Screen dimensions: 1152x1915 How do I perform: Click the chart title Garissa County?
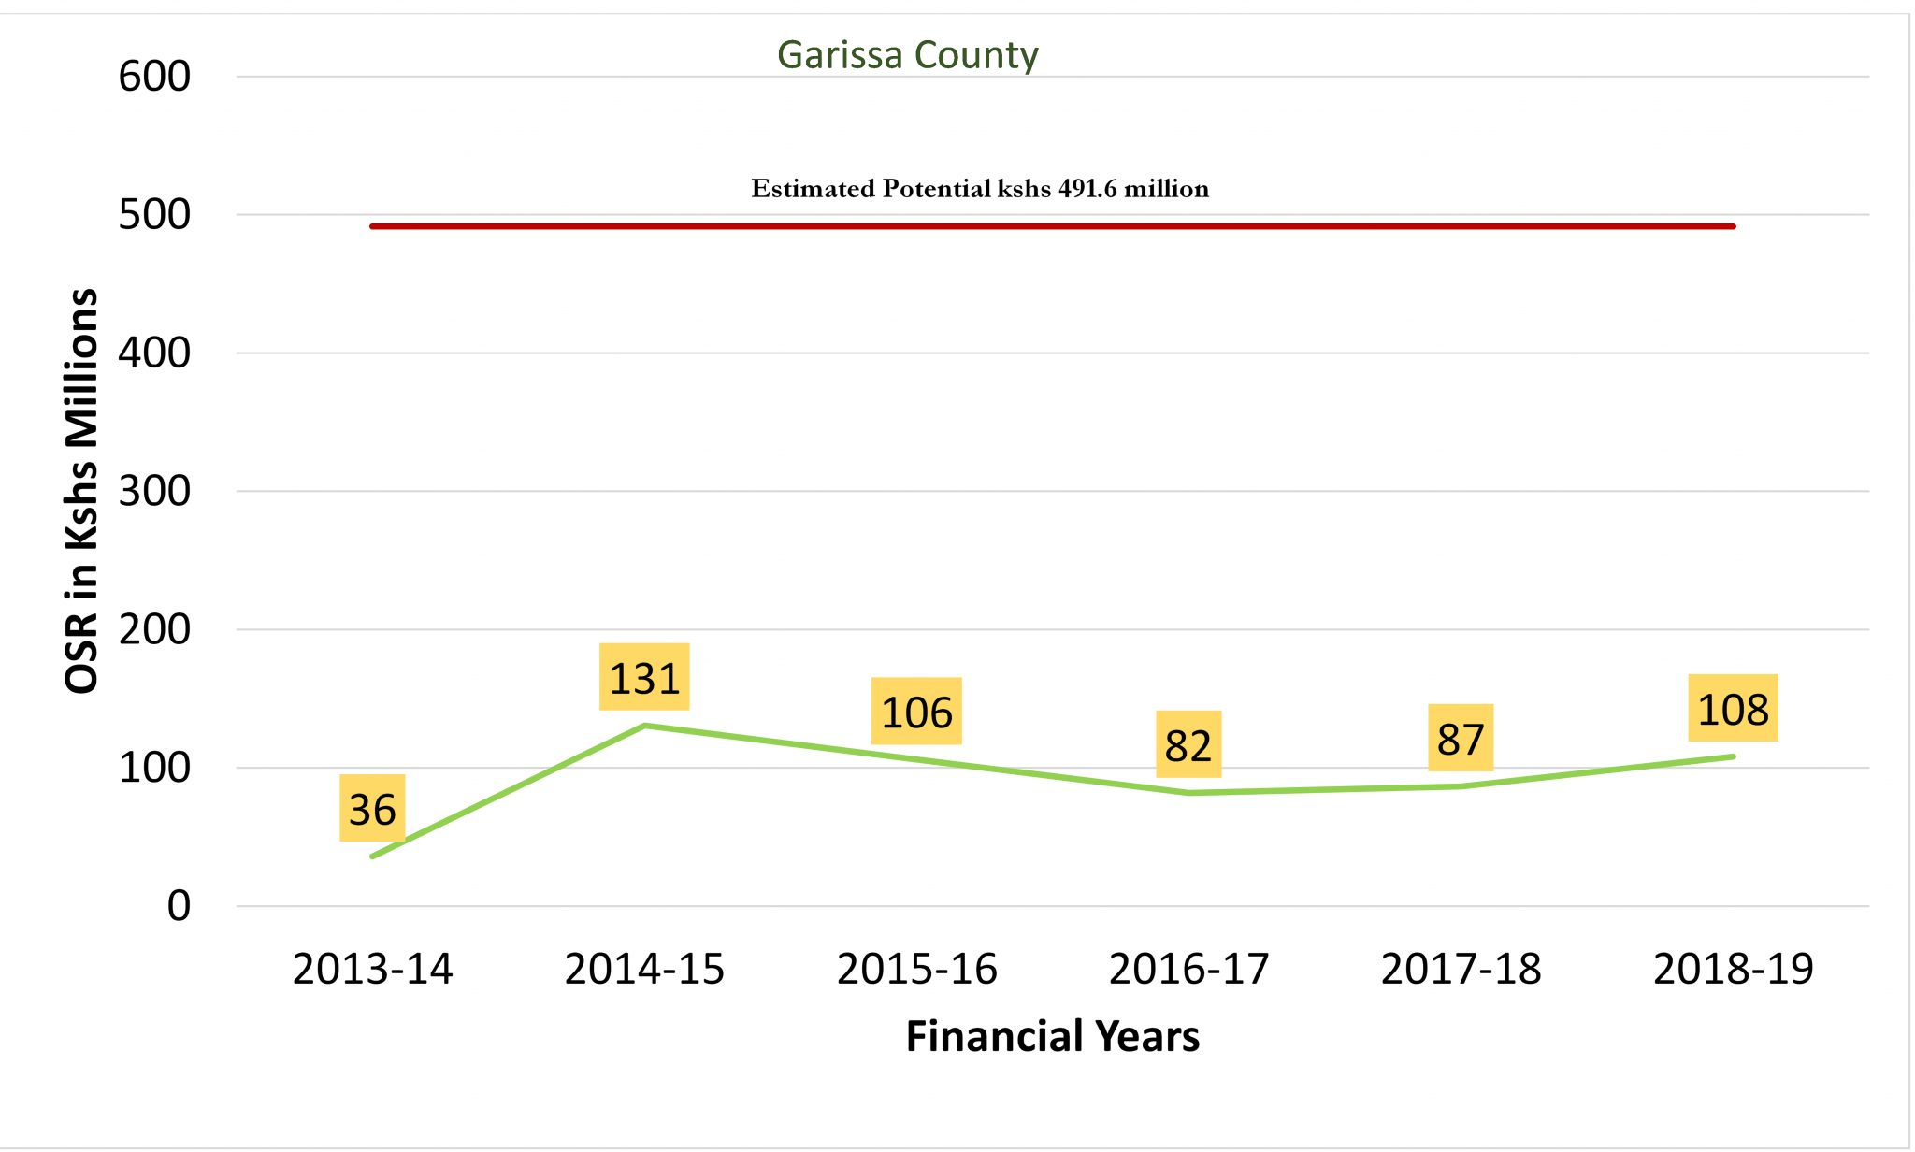click(907, 55)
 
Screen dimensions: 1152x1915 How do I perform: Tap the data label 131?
click(644, 678)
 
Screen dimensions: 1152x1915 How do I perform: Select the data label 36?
click(372, 809)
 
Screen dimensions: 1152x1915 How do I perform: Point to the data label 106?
click(916, 712)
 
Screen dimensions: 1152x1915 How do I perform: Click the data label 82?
click(1188, 745)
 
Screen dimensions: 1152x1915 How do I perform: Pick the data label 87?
click(1461, 739)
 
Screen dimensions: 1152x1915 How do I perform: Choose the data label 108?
click(1733, 709)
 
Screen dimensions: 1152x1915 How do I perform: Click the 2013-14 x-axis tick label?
click(372, 969)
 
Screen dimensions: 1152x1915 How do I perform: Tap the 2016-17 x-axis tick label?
click(1188, 969)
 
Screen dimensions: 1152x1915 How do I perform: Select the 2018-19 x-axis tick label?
click(1733, 969)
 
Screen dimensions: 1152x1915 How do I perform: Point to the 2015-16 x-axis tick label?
click(916, 969)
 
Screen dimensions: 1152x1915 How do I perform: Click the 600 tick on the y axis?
click(154, 77)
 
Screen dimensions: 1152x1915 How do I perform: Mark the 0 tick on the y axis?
click(179, 905)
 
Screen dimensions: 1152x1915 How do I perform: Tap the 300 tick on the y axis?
click(154, 491)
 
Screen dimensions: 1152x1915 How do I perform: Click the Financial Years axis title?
click(1052, 1036)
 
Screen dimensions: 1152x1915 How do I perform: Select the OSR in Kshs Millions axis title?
click(82, 491)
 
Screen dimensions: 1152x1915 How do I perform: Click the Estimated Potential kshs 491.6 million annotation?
click(980, 189)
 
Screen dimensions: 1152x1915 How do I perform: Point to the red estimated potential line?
click(1052, 226)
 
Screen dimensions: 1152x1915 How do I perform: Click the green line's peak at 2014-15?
click(644, 725)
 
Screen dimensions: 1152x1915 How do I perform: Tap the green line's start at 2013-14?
click(372, 857)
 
